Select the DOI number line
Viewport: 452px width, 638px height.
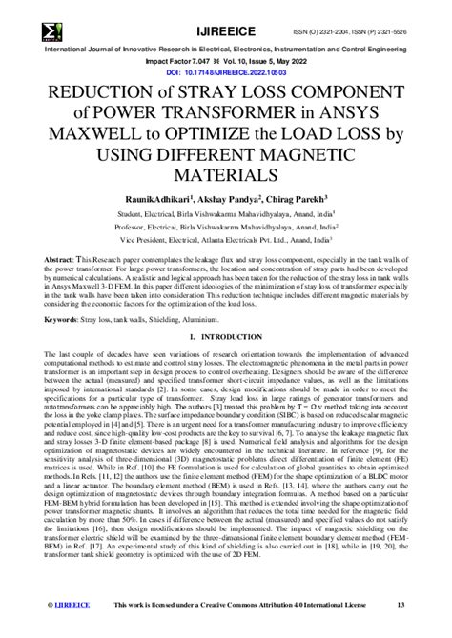(x=226, y=71)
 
